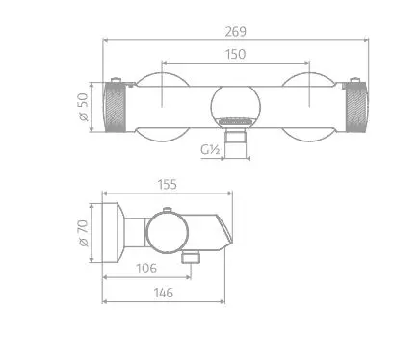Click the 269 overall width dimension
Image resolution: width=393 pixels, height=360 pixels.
click(x=236, y=31)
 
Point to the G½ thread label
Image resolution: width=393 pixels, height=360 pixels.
click(x=211, y=149)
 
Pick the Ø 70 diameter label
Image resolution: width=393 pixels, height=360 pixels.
click(x=84, y=234)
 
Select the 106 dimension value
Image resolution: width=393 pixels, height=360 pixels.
click(x=148, y=269)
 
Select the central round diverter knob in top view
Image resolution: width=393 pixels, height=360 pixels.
click(x=235, y=101)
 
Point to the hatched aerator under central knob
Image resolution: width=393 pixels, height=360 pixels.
click(x=236, y=122)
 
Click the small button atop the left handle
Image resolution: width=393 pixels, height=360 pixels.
click(x=117, y=79)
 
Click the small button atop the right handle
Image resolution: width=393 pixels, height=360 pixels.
click(x=354, y=79)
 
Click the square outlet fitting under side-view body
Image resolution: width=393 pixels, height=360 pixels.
click(x=192, y=257)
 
